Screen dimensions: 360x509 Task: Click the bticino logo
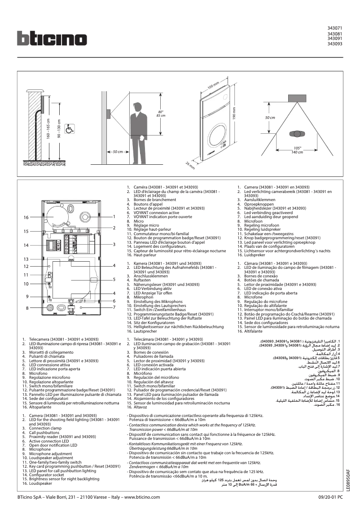tap(52, 38)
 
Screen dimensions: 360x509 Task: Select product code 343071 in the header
tap(335, 28)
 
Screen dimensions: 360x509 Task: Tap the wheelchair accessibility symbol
tap(70, 129)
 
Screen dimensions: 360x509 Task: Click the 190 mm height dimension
tap(234, 115)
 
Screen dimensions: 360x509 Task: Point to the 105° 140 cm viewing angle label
tap(297, 150)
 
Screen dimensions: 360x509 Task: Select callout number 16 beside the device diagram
tap(26, 217)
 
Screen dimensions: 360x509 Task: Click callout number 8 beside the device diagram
tap(27, 308)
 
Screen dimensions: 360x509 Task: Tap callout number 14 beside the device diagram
tap(26, 246)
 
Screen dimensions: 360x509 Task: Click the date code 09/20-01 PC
tap(331, 497)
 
